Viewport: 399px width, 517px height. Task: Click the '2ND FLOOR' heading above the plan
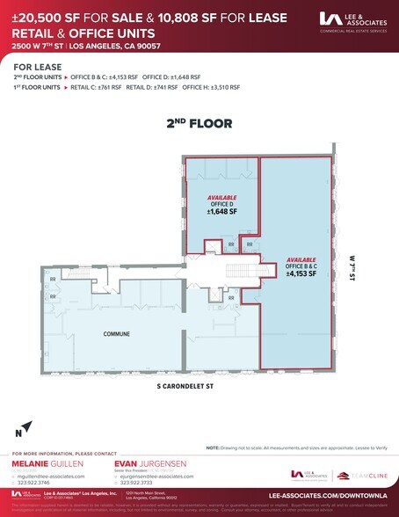pyautogui.click(x=199, y=124)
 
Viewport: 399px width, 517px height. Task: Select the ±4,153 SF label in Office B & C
pyautogui.click(x=301, y=274)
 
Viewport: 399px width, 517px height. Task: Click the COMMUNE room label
pyautogui.click(x=117, y=334)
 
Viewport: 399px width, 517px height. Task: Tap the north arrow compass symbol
pyautogui.click(x=24, y=429)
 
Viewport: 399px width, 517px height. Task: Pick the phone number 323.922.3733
pyautogui.click(x=141, y=482)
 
